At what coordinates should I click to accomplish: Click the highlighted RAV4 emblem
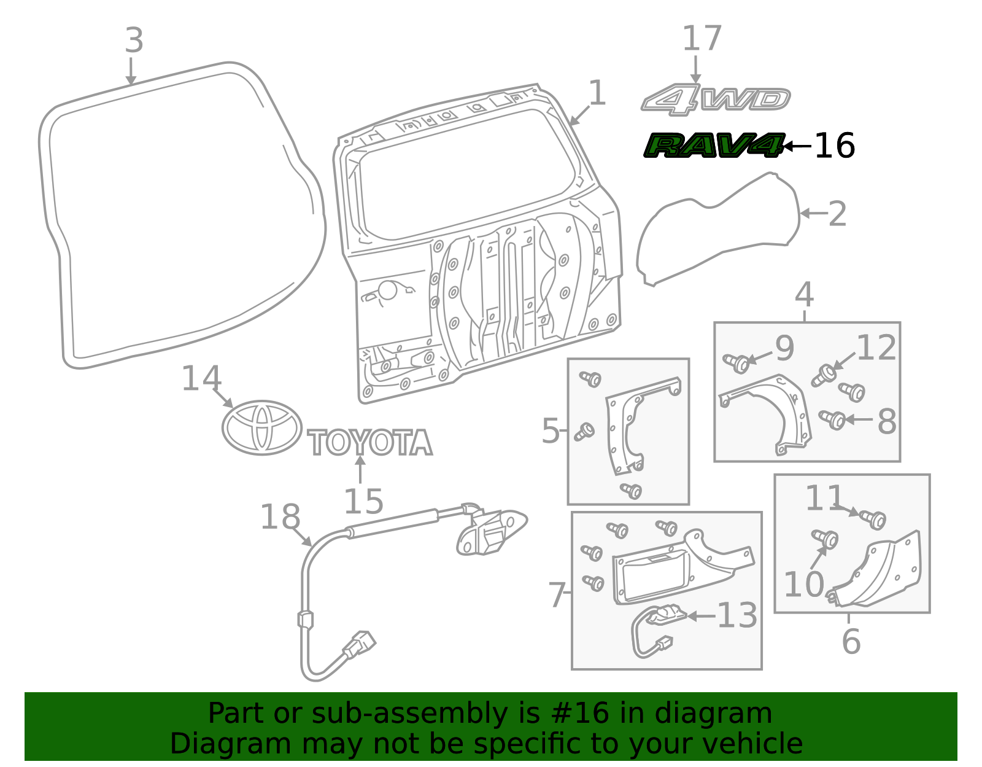point(713,146)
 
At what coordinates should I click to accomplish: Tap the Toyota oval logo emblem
point(262,427)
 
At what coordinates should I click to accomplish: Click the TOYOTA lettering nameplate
point(370,443)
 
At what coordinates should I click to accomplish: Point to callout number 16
point(834,146)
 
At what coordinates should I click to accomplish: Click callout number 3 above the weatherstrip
point(134,41)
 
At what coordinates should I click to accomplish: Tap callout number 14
point(201,378)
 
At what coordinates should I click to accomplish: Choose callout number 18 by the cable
point(280,517)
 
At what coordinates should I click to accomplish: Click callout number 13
point(737,615)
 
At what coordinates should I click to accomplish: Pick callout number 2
point(838,214)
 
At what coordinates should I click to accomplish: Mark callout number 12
point(876,348)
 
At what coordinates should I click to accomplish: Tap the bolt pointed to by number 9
point(737,363)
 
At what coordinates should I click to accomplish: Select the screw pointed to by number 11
point(873,519)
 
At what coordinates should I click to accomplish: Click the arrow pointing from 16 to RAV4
point(797,146)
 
